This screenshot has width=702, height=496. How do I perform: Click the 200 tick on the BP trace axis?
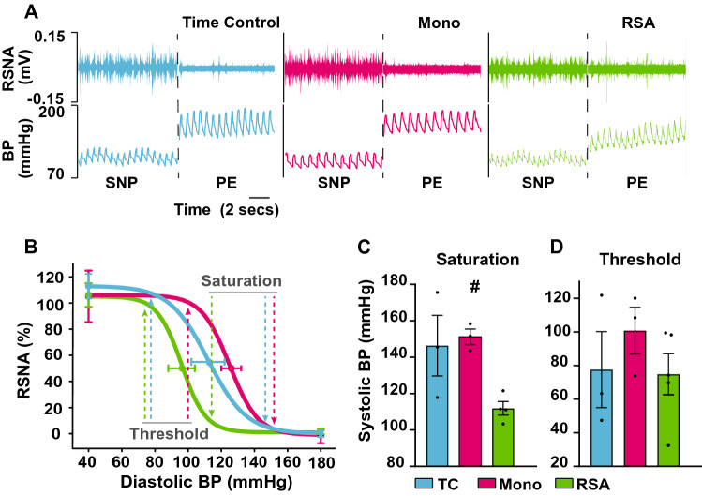pos(53,111)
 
